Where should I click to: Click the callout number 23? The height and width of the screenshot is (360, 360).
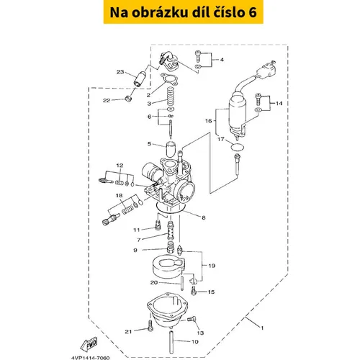click(x=120, y=72)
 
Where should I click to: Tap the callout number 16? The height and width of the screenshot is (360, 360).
click(x=209, y=121)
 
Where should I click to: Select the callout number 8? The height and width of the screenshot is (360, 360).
click(x=204, y=217)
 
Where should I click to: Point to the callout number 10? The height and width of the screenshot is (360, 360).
click(x=195, y=341)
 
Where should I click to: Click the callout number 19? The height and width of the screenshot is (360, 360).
click(x=212, y=266)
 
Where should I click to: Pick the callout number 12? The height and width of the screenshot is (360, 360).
click(x=120, y=166)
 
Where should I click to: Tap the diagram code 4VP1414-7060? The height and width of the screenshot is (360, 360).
click(x=91, y=358)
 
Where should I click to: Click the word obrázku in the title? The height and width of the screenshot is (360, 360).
click(x=160, y=12)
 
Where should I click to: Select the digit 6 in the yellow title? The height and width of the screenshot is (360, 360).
click(x=253, y=12)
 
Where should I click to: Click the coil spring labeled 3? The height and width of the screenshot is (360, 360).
click(x=171, y=96)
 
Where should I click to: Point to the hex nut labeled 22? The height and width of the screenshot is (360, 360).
click(x=129, y=99)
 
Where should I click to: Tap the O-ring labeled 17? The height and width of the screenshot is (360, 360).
click(x=237, y=147)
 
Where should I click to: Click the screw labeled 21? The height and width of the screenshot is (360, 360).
click(x=150, y=325)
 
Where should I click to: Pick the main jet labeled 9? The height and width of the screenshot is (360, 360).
click(x=171, y=247)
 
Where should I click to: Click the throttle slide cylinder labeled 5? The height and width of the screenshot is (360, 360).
click(x=171, y=149)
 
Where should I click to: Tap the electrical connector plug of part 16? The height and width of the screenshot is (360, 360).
click(x=267, y=68)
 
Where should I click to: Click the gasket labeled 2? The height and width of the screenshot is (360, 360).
click(x=169, y=79)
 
